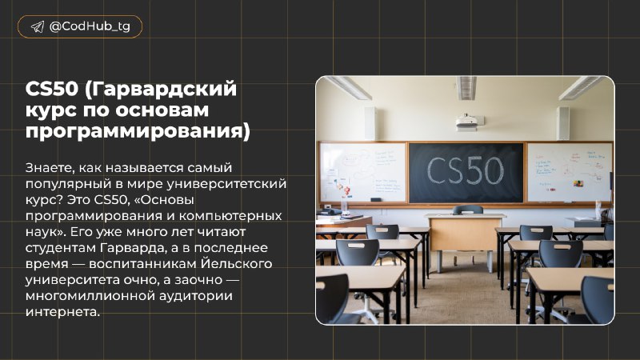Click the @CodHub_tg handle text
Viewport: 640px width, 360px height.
(x=90, y=27)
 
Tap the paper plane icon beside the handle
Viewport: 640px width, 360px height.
(x=38, y=27)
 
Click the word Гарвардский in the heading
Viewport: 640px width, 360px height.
(x=161, y=90)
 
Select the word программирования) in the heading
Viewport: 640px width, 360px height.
(x=138, y=132)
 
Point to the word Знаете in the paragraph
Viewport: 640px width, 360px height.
(x=50, y=168)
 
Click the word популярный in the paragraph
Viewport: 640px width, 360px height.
(x=68, y=185)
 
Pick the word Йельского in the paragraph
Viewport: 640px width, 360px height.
(x=236, y=264)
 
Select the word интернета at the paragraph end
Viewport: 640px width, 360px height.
(x=62, y=312)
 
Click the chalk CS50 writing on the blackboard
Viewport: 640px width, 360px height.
(x=466, y=170)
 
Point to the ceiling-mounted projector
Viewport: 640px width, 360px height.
(x=469, y=122)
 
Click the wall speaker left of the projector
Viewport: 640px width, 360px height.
(x=370, y=123)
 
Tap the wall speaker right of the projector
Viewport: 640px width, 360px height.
(x=562, y=123)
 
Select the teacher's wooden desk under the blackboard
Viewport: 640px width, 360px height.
(x=465, y=240)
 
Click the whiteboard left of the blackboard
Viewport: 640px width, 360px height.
(x=363, y=172)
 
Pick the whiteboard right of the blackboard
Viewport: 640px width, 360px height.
(x=570, y=172)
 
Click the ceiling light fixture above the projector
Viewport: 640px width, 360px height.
(x=466, y=88)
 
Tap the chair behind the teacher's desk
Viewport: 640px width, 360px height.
(x=468, y=210)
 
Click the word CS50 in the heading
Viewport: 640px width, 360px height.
(x=52, y=89)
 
